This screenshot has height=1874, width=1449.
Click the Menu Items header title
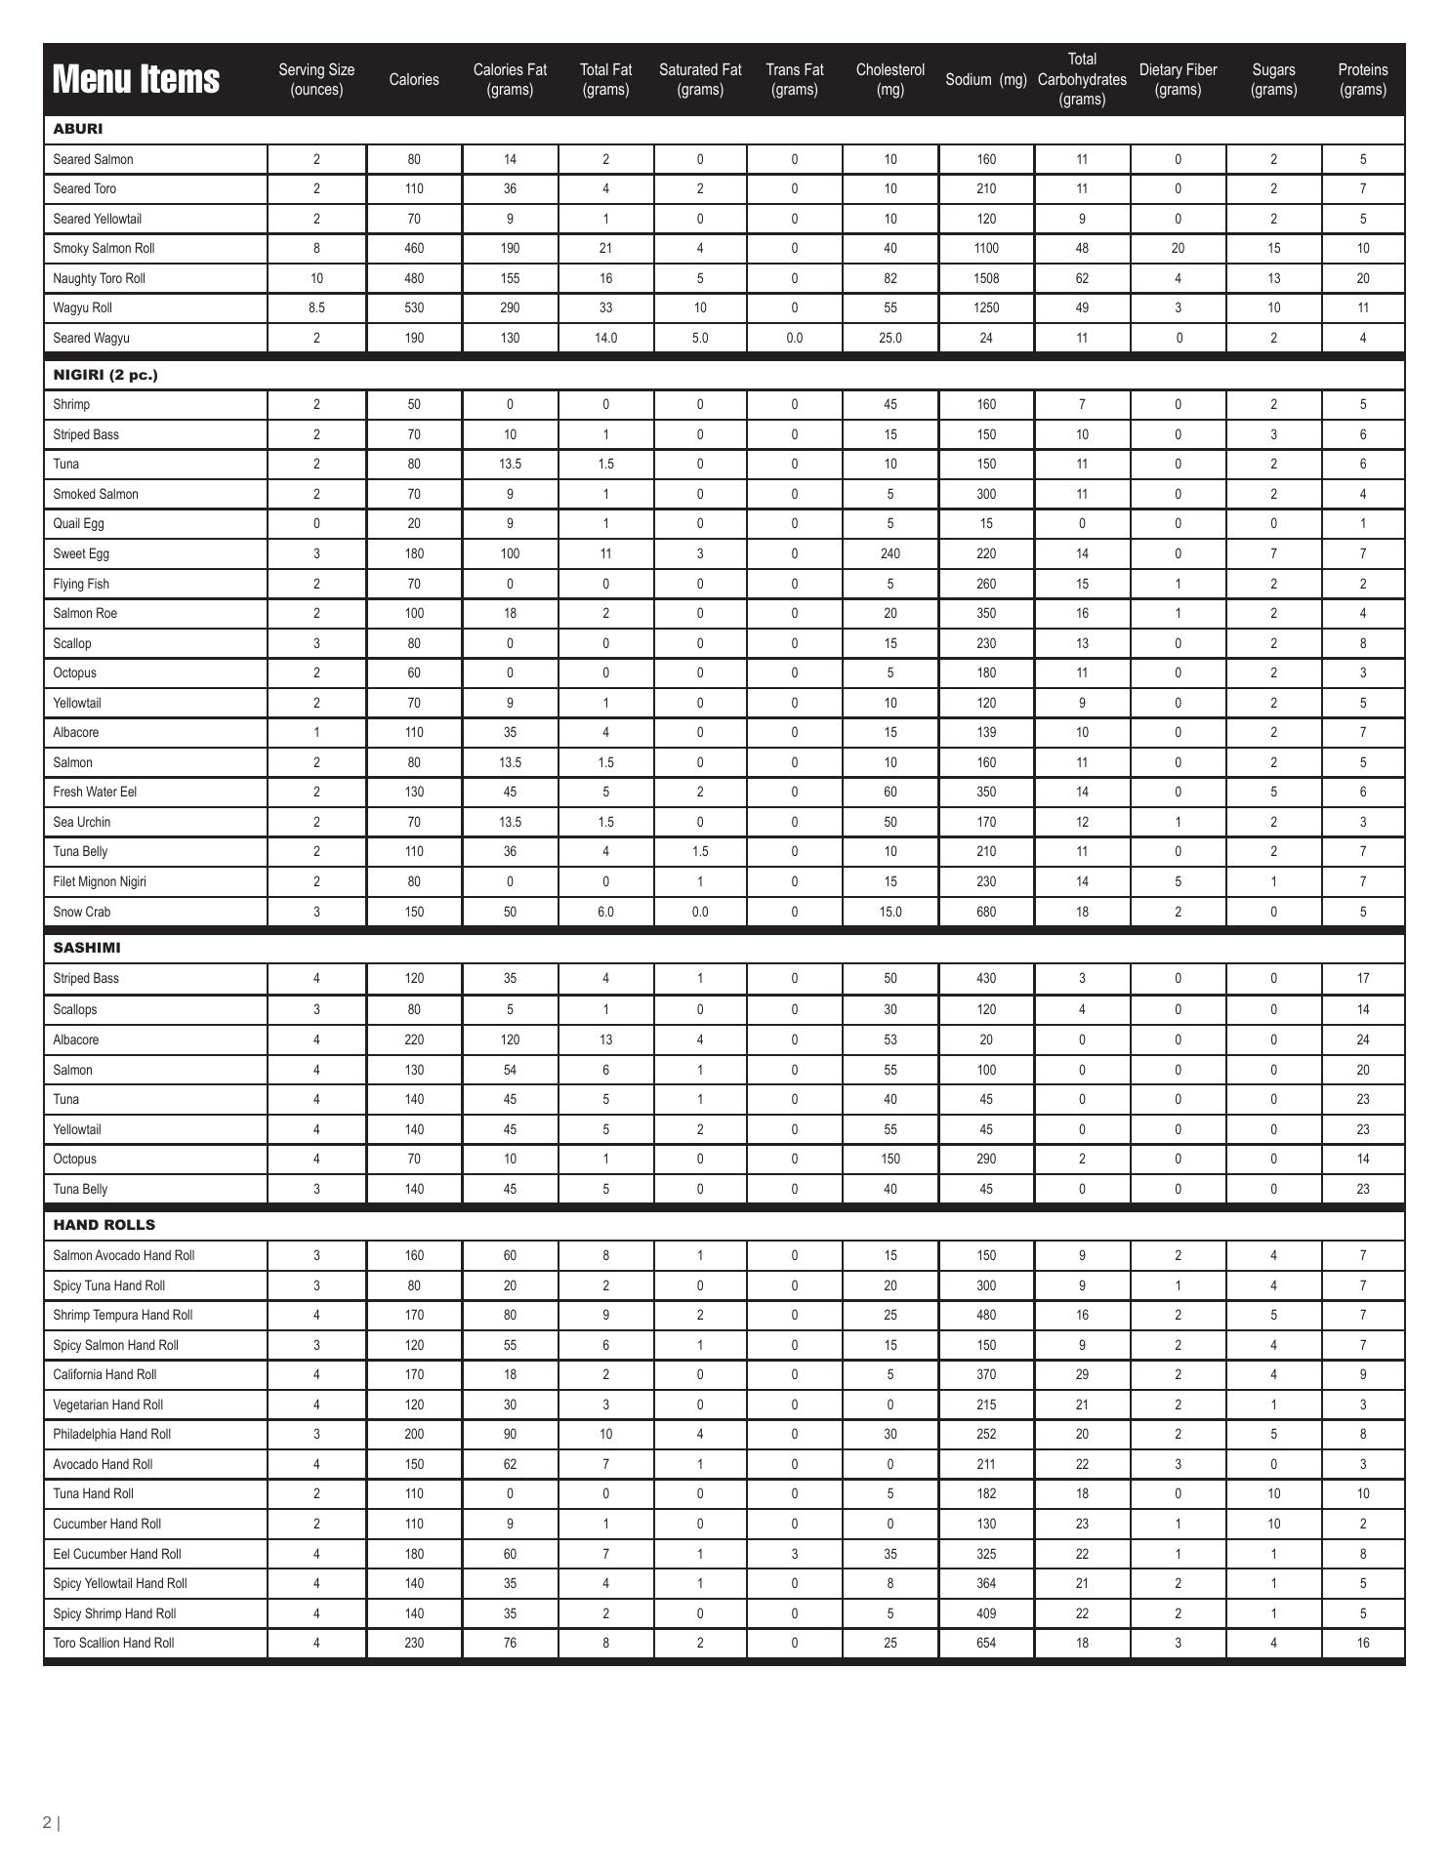tap(136, 79)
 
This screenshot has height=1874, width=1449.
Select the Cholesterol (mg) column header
tap(890, 79)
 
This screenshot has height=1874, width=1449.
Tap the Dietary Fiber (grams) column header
tap(1178, 79)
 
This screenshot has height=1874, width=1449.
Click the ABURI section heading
tap(78, 129)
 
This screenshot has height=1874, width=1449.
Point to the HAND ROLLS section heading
tap(103, 1224)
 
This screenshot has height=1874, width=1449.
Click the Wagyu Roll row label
tap(83, 307)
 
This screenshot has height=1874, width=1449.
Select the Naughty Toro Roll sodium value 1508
tap(986, 278)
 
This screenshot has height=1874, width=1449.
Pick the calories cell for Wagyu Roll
tap(414, 307)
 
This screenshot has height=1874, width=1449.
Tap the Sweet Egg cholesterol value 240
tap(890, 553)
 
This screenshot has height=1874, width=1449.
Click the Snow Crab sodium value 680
tap(986, 912)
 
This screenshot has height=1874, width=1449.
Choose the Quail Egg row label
tap(79, 523)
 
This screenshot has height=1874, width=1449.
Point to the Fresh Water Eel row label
tap(95, 792)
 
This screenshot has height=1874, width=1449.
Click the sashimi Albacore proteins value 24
tap(1363, 1039)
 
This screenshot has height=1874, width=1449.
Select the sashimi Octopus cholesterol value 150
tap(890, 1159)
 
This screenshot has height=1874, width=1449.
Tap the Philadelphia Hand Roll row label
tap(112, 1434)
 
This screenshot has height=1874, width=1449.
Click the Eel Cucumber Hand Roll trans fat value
tap(795, 1554)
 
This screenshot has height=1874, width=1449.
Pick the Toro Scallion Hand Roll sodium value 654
tap(986, 1643)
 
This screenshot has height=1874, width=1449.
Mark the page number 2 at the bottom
tap(47, 1821)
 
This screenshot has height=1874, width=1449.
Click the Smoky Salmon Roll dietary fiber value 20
tap(1178, 248)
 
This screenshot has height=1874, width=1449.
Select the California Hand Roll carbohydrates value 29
tap(1082, 1374)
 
